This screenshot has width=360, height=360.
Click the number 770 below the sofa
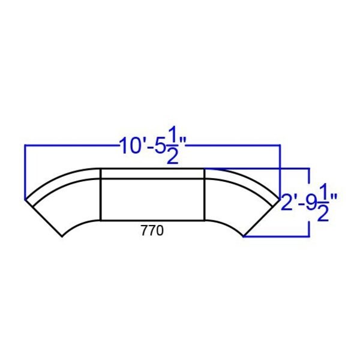click(152, 231)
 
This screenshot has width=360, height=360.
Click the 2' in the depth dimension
click(290, 202)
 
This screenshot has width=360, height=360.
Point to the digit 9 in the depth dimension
click(311, 202)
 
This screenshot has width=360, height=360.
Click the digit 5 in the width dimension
click(160, 146)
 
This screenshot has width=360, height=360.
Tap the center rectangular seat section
click(152, 199)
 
